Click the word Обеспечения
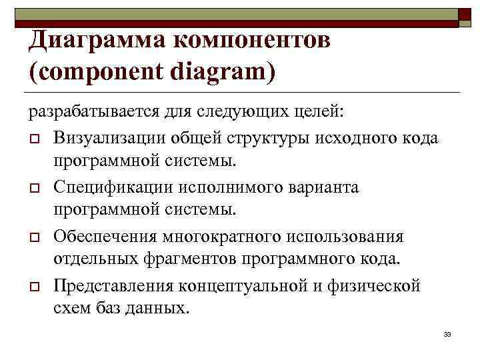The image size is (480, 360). [x=111, y=237]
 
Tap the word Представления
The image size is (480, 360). [x=115, y=286]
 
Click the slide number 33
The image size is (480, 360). [x=447, y=333]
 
